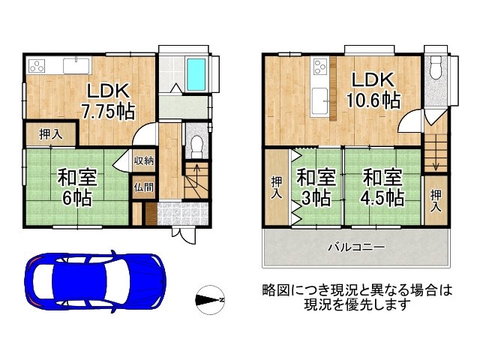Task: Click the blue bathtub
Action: tap(196, 74)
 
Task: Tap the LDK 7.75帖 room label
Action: tap(108, 100)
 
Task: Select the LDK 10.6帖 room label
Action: tap(373, 90)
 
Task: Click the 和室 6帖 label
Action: tap(77, 187)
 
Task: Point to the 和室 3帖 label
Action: tap(316, 187)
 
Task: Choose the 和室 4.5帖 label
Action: tap(382, 187)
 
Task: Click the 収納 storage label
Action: tap(144, 160)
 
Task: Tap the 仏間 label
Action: tap(144, 187)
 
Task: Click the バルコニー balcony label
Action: tap(356, 247)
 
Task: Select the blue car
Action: tap(95, 281)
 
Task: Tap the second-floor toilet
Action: tap(436, 67)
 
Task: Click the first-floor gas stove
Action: tap(37, 66)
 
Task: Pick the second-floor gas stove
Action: tap(321, 67)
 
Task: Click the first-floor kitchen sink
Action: tap(76, 66)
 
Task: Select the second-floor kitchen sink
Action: tap(319, 102)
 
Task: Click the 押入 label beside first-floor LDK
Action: tap(51, 134)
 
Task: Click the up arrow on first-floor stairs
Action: tap(196, 175)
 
